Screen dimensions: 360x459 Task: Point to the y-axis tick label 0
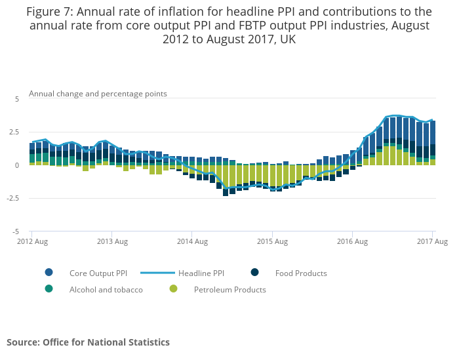pos(18,165)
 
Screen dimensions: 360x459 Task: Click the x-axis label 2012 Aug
pos(33,242)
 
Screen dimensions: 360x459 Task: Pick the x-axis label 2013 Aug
pos(112,242)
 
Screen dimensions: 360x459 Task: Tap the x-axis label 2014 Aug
pos(192,242)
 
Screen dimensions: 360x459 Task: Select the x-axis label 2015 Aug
pos(272,242)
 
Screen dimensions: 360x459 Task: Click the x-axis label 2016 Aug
pos(352,242)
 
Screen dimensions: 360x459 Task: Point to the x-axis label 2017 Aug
pos(432,242)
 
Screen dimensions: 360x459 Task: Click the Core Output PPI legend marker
pos(49,273)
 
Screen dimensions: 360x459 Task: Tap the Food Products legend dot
pos(254,273)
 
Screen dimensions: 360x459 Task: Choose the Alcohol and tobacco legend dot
pos(49,289)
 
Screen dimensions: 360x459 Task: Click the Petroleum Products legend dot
pos(173,289)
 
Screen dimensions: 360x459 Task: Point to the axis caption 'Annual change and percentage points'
pos(98,94)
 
